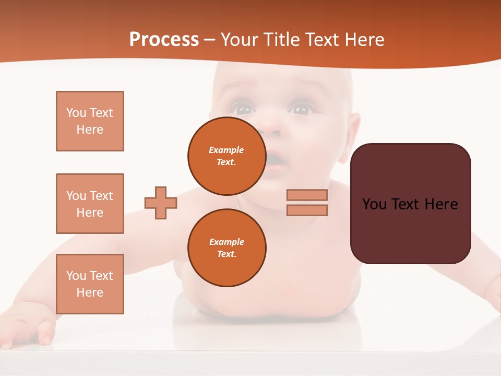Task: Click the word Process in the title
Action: tap(164, 40)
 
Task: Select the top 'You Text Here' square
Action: tap(90, 121)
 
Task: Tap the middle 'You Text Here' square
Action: tap(90, 204)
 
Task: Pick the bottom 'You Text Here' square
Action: tap(90, 284)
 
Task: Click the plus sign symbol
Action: tap(160, 203)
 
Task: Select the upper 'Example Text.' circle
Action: tap(226, 156)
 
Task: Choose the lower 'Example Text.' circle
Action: tap(226, 248)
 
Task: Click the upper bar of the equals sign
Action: tap(307, 195)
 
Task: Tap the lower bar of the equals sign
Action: tap(307, 210)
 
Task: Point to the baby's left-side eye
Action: tap(243, 109)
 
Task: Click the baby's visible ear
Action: tap(353, 131)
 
